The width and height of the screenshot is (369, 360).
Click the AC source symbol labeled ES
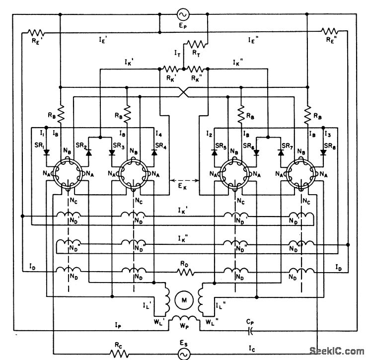point(184,353)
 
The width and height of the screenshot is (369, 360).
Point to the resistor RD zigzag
point(183,272)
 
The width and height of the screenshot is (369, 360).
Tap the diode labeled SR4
point(154,151)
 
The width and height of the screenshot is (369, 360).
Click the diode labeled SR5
point(214,151)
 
